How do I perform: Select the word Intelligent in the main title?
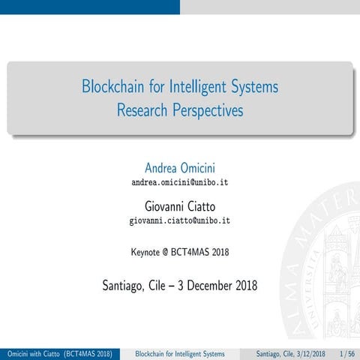pos(201,87)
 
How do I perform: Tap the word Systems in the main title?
pos(256,87)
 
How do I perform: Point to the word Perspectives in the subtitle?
pos(210,111)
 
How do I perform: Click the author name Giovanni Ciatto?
pos(180,205)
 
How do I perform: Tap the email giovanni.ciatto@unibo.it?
pos(180,220)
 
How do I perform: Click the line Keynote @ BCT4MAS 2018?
pos(180,252)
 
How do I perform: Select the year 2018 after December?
pos(245,285)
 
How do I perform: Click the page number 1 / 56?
pos(347,353)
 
